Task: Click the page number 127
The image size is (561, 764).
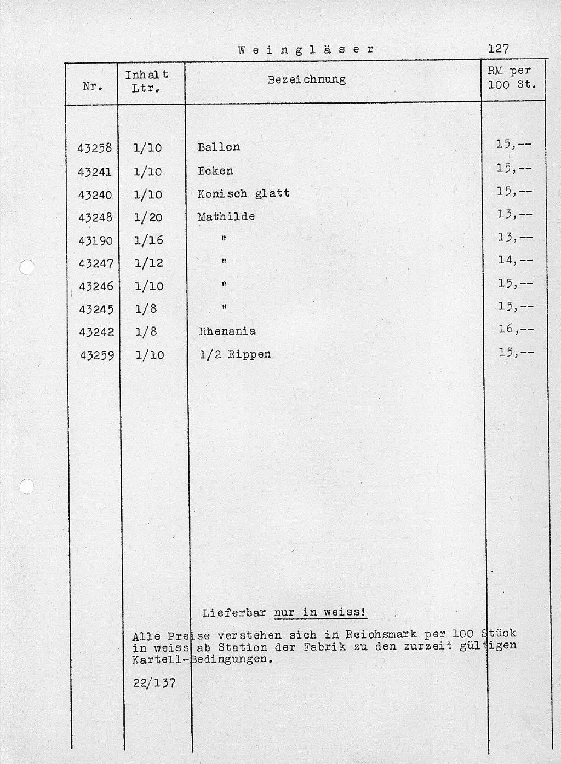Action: click(x=499, y=49)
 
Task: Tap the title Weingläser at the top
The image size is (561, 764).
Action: click(x=306, y=49)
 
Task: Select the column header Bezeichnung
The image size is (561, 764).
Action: click(x=306, y=79)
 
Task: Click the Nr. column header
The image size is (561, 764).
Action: click(x=91, y=86)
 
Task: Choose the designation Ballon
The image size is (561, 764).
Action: click(x=219, y=147)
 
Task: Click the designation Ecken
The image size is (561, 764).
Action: click(x=215, y=171)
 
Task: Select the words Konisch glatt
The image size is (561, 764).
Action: click(x=244, y=194)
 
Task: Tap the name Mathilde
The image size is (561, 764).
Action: click(x=226, y=217)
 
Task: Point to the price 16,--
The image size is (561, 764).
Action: click(x=515, y=329)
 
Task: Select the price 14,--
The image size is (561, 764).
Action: click(x=515, y=260)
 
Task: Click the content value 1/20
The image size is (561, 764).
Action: click(x=148, y=217)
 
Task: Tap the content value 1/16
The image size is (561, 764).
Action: click(x=148, y=240)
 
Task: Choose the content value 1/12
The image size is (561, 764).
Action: click(x=148, y=263)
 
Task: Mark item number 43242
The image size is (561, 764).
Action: click(x=96, y=332)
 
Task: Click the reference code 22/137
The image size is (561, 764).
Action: click(x=154, y=683)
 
